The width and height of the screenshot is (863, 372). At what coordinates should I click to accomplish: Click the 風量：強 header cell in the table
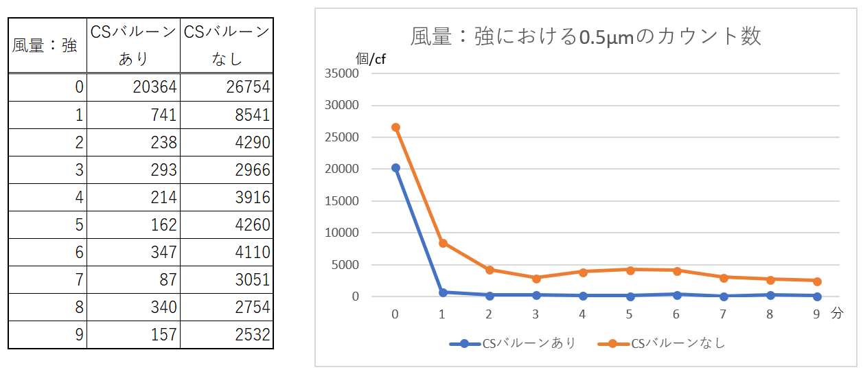(x=45, y=45)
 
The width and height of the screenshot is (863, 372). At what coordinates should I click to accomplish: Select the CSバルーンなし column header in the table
(x=227, y=45)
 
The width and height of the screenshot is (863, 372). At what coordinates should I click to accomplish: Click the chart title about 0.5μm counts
(x=586, y=36)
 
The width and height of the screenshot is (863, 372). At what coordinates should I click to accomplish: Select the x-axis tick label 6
(x=676, y=314)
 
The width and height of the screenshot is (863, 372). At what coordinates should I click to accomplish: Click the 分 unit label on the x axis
(x=836, y=314)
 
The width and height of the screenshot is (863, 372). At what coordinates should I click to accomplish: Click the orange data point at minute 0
(x=395, y=128)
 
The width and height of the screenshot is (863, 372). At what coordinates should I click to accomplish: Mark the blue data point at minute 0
(x=395, y=168)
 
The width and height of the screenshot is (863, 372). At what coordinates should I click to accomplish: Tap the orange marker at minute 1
(x=442, y=243)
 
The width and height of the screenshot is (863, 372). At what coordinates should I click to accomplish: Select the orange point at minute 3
(x=536, y=278)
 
